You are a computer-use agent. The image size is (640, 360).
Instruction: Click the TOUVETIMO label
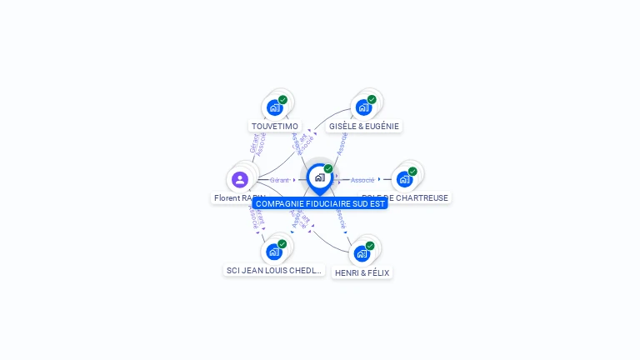pos(275,127)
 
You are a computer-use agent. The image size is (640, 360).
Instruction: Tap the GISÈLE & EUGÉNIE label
pos(364,127)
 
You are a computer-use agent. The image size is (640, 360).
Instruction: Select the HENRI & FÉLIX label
pos(362,272)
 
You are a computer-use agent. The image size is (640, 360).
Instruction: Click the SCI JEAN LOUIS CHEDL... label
pos(274,271)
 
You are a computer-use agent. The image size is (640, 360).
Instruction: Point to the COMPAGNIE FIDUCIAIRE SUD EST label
pos(320,203)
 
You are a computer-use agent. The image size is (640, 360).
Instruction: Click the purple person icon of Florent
pos(240,179)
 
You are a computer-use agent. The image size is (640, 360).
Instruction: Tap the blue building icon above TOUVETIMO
pos(273,107)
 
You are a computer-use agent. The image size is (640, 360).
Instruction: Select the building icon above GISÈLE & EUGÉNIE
pos(363,107)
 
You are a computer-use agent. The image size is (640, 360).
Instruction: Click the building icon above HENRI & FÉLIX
pos(362,253)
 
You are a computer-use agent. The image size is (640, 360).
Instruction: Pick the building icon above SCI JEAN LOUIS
pos(273,252)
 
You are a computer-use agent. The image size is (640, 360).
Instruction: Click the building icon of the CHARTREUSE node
pos(404,179)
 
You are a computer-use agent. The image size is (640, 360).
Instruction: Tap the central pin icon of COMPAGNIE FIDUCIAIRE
pos(319,177)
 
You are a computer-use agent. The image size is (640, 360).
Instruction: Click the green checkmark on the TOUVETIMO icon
pos(283,99)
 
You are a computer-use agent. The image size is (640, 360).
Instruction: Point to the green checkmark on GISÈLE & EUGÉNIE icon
pos(372,99)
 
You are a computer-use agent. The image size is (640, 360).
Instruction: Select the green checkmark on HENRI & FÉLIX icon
pos(370,245)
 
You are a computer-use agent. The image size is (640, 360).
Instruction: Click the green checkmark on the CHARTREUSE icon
pos(412,171)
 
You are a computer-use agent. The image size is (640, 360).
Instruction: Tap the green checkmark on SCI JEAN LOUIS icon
pos(282,243)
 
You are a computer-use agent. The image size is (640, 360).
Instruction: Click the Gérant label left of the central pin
pos(280,180)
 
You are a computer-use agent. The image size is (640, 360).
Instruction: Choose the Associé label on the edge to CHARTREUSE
pos(362,180)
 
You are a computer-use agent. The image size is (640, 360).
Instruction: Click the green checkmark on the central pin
pos(328,168)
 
